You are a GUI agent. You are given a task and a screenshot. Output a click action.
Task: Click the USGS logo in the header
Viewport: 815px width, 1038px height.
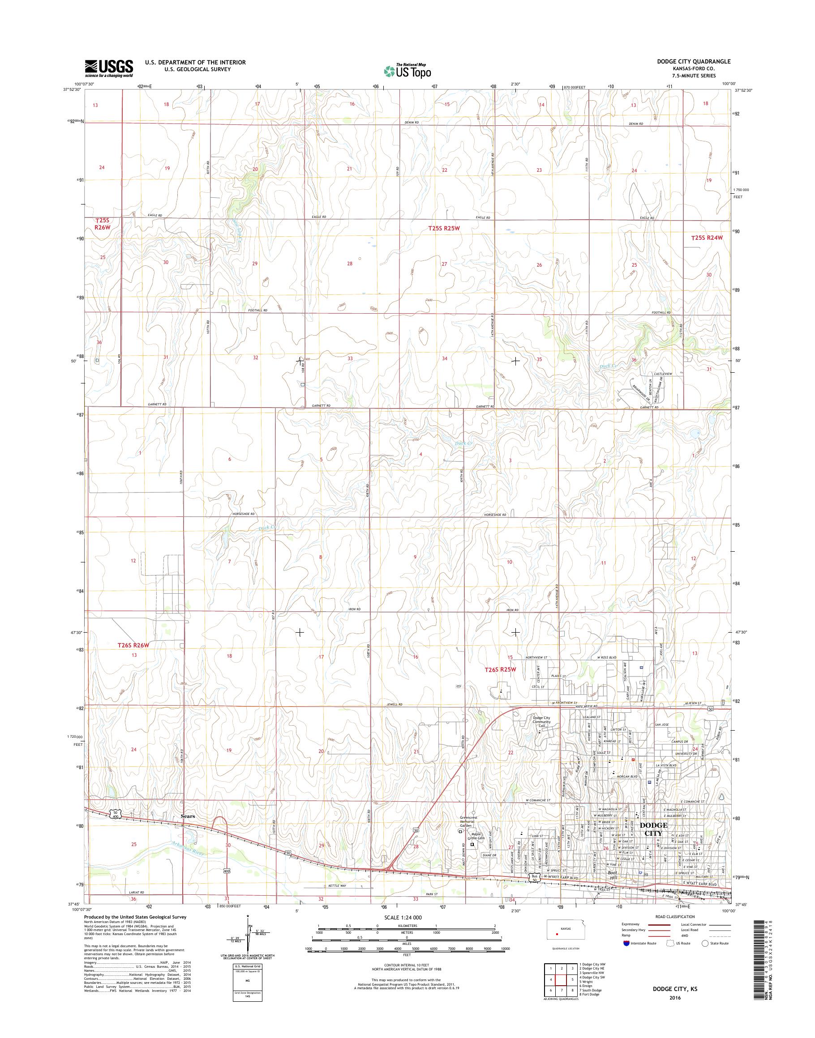coord(109,68)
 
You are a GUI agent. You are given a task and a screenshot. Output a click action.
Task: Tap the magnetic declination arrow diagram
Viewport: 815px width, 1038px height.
coord(248,936)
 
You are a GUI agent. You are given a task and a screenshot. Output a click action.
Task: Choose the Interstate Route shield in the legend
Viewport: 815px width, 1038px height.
coord(626,943)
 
